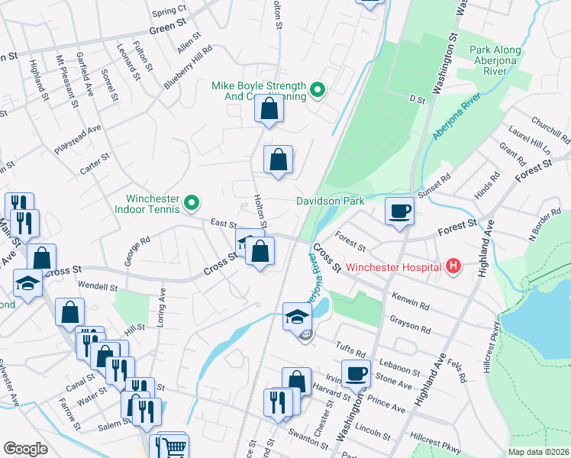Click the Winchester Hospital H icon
point(453,266)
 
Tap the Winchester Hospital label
point(394,267)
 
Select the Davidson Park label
point(330,201)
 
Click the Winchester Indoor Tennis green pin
point(192,204)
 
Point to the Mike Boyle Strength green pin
point(318,91)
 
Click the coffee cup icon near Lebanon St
point(356,373)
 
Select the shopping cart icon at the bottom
point(175,447)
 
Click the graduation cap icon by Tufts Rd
point(297,316)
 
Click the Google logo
point(24,449)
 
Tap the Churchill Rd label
point(552,131)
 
